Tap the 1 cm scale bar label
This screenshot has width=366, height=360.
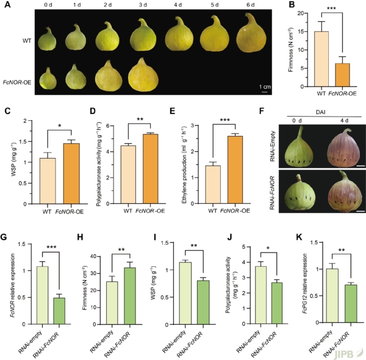click(x=265, y=86)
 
